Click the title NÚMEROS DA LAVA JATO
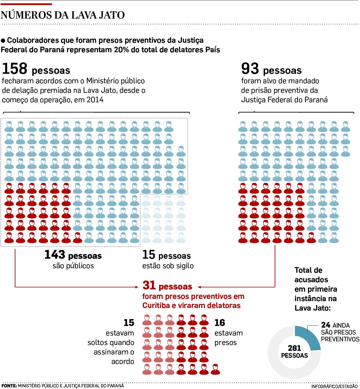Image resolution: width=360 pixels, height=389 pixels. click(63, 15)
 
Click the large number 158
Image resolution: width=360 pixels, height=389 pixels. click(15, 69)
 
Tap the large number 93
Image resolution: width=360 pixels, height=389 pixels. click(250, 69)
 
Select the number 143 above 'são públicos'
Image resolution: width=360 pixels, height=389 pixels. click(55, 255)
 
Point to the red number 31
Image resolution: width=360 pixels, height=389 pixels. click(149, 285)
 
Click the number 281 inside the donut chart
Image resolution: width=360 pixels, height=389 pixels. click(294, 348)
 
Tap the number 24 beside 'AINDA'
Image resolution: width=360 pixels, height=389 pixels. click(326, 325)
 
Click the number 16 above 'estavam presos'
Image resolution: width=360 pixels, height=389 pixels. click(220, 323)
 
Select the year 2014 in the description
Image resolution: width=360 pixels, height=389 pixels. click(95, 100)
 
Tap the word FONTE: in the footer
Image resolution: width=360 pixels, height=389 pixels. click(9, 386)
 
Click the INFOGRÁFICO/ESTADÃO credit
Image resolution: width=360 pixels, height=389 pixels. click(334, 386)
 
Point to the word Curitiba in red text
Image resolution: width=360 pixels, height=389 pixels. click(156, 306)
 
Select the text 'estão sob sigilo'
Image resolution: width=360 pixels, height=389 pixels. click(168, 266)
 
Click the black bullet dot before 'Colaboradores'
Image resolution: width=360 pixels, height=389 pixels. click(3, 41)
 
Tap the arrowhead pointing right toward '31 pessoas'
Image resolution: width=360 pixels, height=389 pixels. click(137, 287)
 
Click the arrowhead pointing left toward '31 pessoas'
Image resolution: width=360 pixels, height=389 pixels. click(200, 287)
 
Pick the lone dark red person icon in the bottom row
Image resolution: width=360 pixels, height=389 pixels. click(215, 369)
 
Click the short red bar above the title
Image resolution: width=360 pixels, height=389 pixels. click(26, 4)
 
